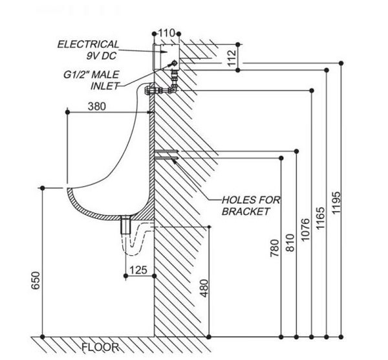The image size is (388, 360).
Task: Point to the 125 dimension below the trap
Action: tap(138, 269)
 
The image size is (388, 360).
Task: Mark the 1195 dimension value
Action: tap(336, 205)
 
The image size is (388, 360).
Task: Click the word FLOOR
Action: tap(100, 348)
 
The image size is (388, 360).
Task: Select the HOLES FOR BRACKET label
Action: tap(250, 206)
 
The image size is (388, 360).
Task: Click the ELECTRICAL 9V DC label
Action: tap(88, 50)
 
